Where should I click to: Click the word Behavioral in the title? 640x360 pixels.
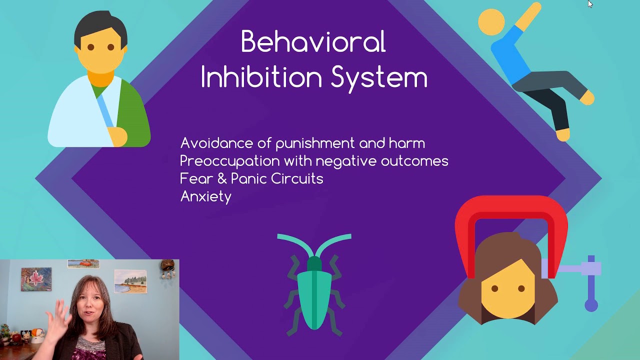[x=313, y=42]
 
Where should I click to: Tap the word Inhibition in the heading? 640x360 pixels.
[x=260, y=77]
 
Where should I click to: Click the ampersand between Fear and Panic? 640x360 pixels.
[x=222, y=178]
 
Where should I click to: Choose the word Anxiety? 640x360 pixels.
[x=205, y=196]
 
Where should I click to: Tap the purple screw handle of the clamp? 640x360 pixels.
[x=591, y=285]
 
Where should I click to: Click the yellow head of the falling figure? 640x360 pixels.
[x=491, y=22]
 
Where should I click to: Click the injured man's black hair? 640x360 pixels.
[x=100, y=25]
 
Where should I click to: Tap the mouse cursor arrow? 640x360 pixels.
[x=590, y=4]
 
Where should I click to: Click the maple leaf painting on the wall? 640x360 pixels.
[x=36, y=279]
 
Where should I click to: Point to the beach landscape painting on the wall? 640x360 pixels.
[x=130, y=281]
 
